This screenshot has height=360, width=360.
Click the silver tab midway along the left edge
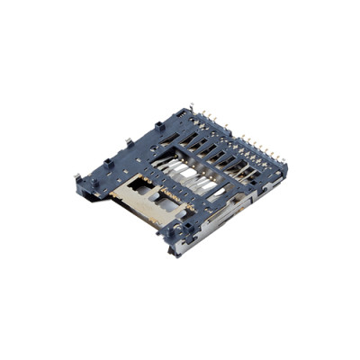(x=131, y=142)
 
